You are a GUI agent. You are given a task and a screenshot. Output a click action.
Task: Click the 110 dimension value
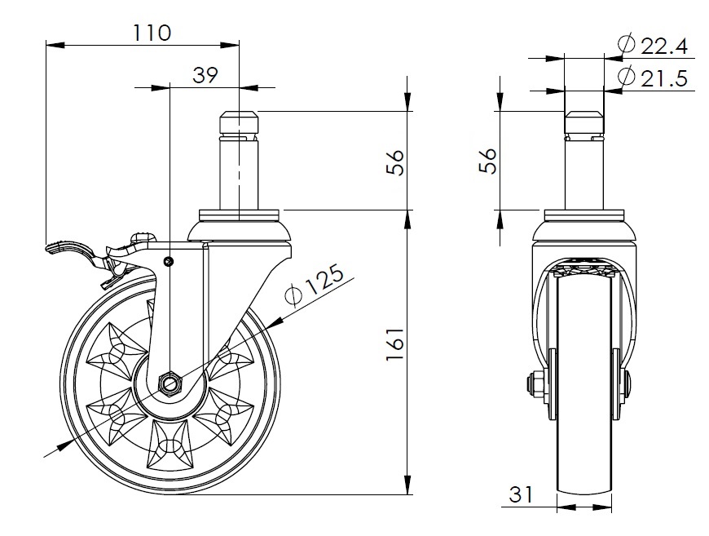[152, 33]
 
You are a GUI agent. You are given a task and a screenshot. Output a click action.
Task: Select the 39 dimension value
[205, 75]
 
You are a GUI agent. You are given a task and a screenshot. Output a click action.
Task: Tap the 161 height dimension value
[394, 344]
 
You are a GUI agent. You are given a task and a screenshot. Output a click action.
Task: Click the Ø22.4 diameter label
[653, 45]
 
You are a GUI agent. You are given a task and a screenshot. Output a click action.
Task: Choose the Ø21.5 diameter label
[653, 78]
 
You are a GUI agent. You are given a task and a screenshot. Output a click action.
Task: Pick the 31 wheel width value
[522, 494]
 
